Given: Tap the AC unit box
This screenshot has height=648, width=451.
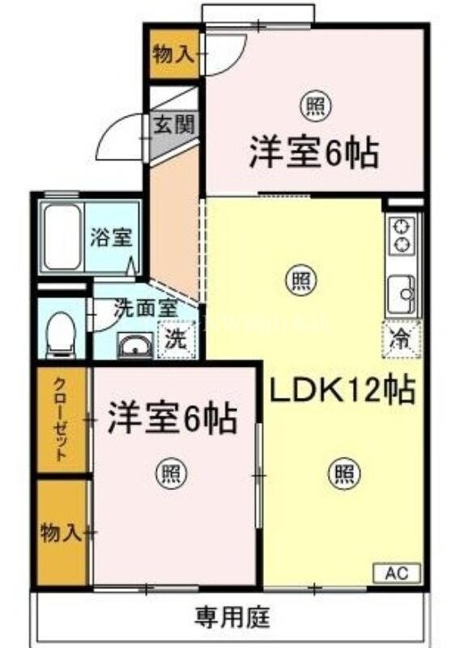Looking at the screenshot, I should click(x=396, y=573).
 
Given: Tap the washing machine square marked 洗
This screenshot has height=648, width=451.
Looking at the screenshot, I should click(x=175, y=341).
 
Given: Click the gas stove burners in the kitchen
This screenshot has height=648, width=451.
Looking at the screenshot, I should click(x=401, y=235).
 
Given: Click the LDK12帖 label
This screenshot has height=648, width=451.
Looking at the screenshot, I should click(x=342, y=391).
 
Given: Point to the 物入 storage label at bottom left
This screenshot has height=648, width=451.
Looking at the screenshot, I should click(x=62, y=532).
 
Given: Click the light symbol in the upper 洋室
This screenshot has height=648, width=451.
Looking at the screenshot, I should click(x=312, y=105).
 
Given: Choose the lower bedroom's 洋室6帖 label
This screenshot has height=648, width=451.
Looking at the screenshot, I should click(x=174, y=420).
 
